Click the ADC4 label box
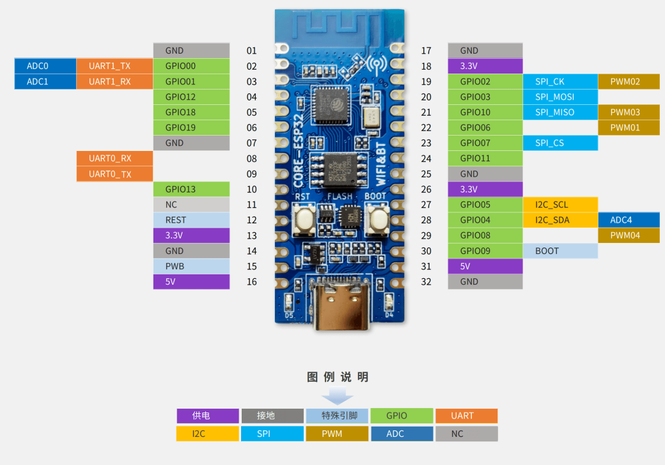(629, 220)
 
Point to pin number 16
(252, 281)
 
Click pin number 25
(426, 174)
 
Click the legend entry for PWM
(336, 434)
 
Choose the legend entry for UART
(466, 416)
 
